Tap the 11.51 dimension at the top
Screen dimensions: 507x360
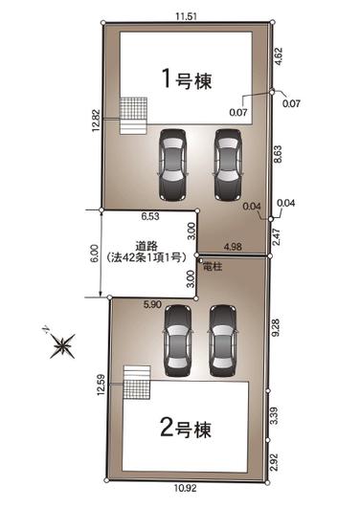pos(186,15)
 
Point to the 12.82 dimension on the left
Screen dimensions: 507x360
pos(96,121)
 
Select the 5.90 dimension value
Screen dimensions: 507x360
pos(152,304)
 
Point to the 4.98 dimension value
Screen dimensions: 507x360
pos(233,247)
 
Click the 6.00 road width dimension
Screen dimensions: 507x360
pos(93,253)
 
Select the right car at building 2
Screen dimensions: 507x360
pos(222,342)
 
